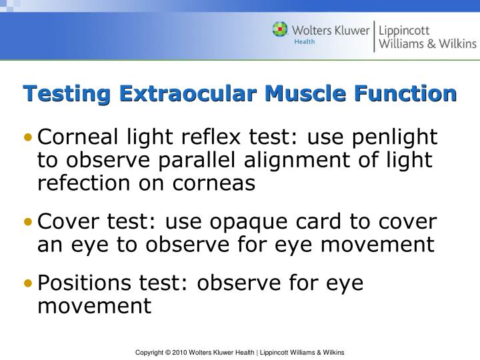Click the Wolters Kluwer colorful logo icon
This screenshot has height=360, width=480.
tap(280, 30)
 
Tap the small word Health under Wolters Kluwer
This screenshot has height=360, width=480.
tap(305, 41)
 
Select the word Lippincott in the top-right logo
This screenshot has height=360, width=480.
tap(404, 30)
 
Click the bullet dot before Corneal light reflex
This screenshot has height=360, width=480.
tap(27, 138)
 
